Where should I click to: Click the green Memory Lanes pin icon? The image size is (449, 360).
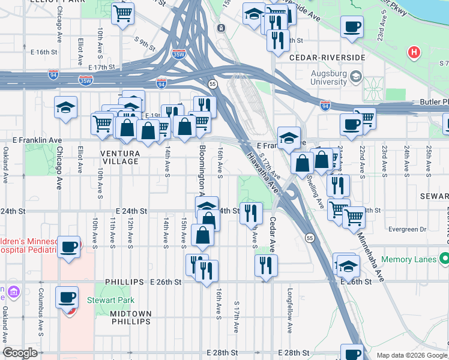click(x=444, y=259)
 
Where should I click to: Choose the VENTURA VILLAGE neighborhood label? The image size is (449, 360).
click(x=120, y=158)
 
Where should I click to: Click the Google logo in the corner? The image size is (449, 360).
click(x=20, y=353)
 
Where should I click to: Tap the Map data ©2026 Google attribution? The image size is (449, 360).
click(x=412, y=355)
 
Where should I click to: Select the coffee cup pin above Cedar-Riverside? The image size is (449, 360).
click(x=352, y=26)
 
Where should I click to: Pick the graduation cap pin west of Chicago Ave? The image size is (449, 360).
click(x=66, y=107)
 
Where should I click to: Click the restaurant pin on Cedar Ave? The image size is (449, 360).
click(x=266, y=264)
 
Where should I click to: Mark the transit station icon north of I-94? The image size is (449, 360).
click(x=221, y=28)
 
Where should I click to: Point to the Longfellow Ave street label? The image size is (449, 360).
click(x=290, y=319)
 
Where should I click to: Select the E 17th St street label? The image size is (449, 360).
click(x=101, y=68)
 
